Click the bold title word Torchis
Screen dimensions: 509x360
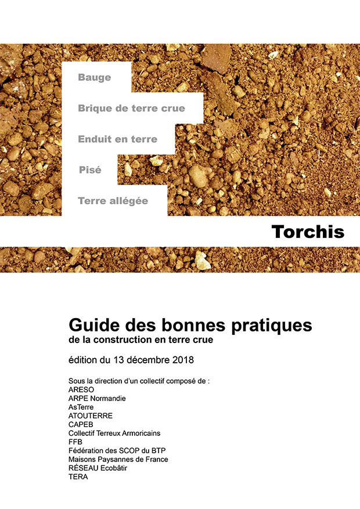pos(307,232)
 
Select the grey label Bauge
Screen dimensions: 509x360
pos(94,77)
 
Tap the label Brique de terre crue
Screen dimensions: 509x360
pos(131,108)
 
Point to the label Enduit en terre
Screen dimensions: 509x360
pos(117,139)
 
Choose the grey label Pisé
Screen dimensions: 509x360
pos(90,170)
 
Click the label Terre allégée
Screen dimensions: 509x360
pos(113,201)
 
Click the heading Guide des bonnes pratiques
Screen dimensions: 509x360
pos(190,324)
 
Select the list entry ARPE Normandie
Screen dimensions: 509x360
pos(97,399)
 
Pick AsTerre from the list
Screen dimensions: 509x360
pos(81,407)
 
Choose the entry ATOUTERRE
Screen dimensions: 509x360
pos(91,416)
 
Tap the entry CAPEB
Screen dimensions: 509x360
pos(80,425)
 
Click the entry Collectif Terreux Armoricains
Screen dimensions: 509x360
pos(114,434)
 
